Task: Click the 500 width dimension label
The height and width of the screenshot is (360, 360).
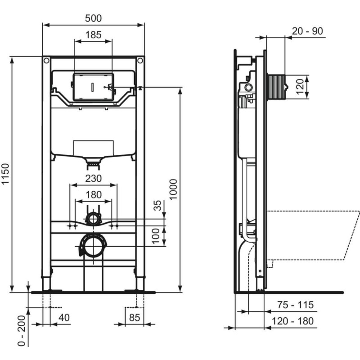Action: click(94, 18)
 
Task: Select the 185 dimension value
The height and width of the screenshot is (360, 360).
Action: click(93, 34)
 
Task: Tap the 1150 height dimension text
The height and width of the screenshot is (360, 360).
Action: click(5, 174)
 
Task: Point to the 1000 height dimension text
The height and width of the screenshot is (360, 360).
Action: click(174, 189)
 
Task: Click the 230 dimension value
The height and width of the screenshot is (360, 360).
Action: click(94, 178)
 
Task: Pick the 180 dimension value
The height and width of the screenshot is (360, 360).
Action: click(94, 194)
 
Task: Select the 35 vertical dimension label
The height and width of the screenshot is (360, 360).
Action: click(157, 207)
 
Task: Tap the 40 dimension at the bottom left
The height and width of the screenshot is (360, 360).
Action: click(64, 317)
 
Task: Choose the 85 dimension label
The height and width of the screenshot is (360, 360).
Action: click(135, 317)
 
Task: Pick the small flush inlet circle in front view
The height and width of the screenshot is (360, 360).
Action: click(94, 219)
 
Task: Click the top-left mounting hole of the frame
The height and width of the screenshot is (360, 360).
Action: click(46, 60)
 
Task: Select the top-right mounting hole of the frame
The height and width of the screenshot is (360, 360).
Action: click(140, 60)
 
